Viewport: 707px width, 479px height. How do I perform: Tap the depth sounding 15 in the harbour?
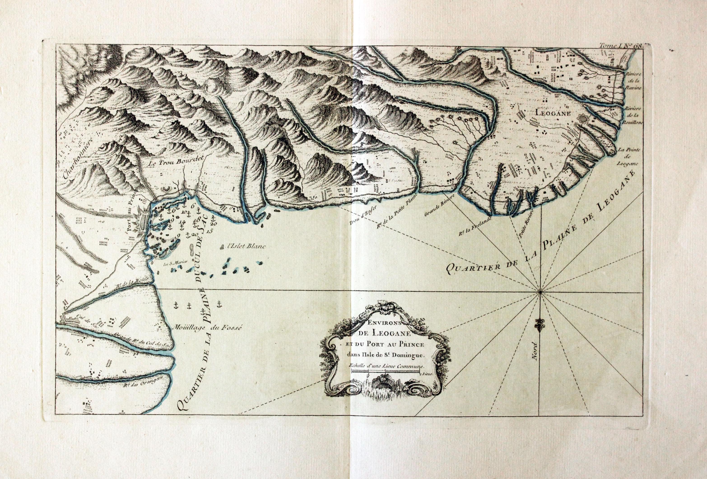pos(209,231)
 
